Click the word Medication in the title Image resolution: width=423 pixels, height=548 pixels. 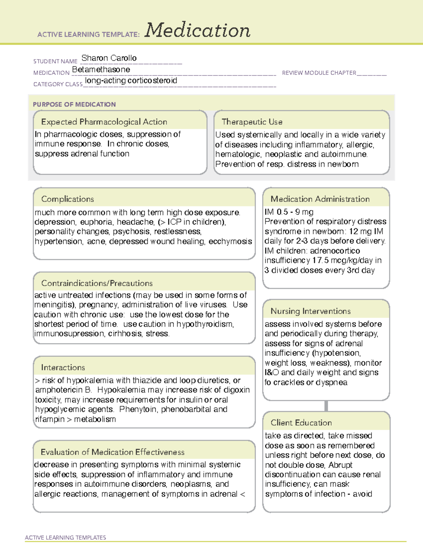point(197,30)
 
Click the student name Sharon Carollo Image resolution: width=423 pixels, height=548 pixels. point(109,58)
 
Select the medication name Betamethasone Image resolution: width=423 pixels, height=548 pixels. point(101,70)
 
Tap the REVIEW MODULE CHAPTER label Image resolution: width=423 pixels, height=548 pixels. point(319,73)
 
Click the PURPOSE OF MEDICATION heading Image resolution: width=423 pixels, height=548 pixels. point(74,104)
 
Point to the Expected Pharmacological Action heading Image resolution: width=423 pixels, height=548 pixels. point(104,122)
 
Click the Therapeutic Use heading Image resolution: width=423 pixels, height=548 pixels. point(252,122)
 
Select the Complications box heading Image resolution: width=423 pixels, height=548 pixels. point(67,199)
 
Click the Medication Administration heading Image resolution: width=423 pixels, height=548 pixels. point(320,199)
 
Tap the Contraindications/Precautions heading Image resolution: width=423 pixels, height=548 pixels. point(97,283)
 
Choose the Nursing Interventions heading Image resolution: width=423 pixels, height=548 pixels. point(310,311)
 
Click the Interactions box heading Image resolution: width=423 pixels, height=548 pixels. point(63,368)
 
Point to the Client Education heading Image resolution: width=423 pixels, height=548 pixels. point(301,423)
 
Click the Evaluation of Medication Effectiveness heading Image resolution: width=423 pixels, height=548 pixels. point(112,452)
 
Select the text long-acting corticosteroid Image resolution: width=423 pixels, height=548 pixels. point(131,81)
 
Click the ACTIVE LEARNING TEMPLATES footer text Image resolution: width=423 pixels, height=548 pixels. point(65,537)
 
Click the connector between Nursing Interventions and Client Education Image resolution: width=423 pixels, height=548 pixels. point(326,406)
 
